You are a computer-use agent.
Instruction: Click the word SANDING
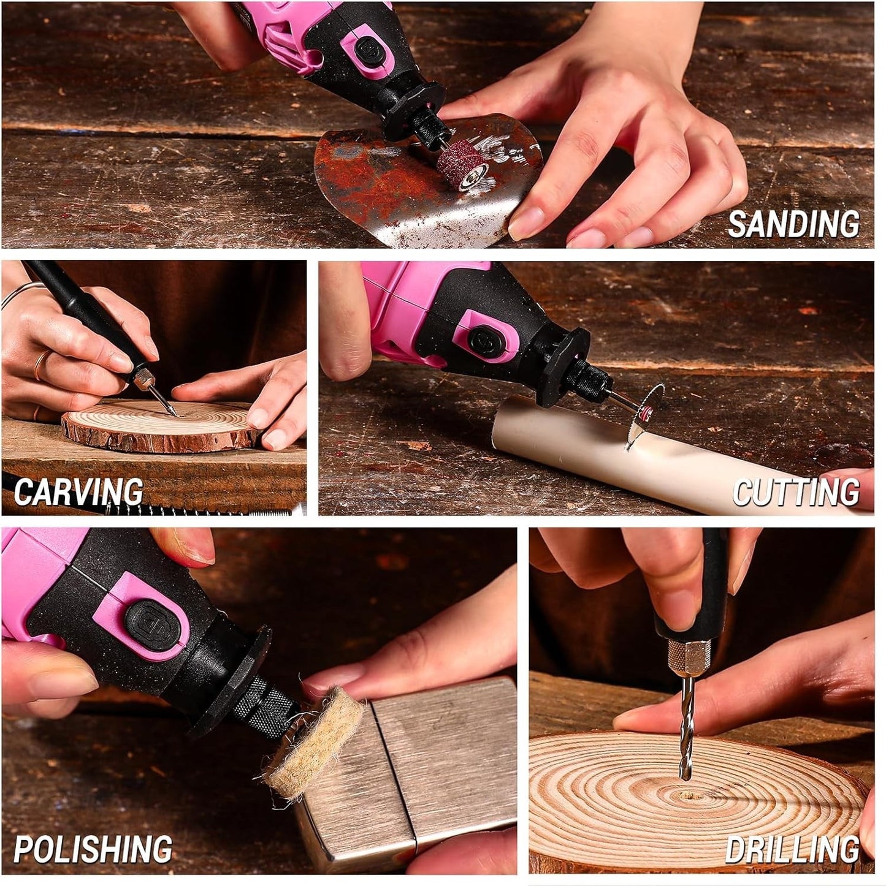(793, 224)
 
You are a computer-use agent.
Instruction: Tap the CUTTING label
(796, 491)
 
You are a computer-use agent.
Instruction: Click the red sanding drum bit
(461, 168)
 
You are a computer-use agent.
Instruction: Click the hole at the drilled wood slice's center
(687, 794)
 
